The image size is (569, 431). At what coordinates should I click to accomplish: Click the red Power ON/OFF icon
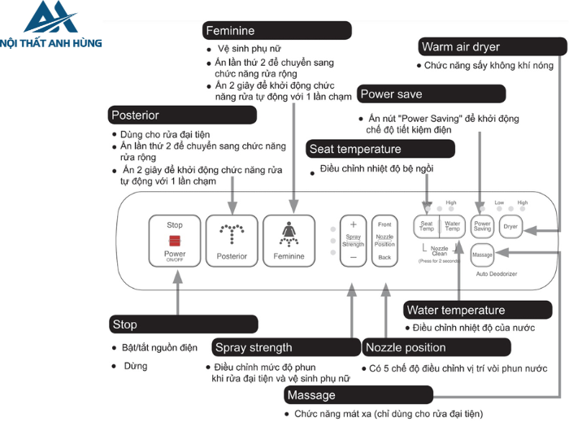(175, 240)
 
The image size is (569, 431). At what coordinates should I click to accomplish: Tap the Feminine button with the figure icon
(288, 241)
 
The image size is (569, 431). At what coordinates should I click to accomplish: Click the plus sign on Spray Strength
(353, 224)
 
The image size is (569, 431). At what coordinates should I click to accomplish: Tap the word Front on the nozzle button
(384, 224)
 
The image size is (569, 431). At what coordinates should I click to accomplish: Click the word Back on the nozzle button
(384, 257)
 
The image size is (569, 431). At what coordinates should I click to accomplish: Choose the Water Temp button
(453, 227)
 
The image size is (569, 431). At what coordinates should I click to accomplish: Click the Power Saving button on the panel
(483, 227)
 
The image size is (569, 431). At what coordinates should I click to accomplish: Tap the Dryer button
(510, 227)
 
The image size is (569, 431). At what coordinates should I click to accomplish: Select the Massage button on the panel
(483, 255)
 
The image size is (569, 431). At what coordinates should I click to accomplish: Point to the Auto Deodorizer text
(497, 274)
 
